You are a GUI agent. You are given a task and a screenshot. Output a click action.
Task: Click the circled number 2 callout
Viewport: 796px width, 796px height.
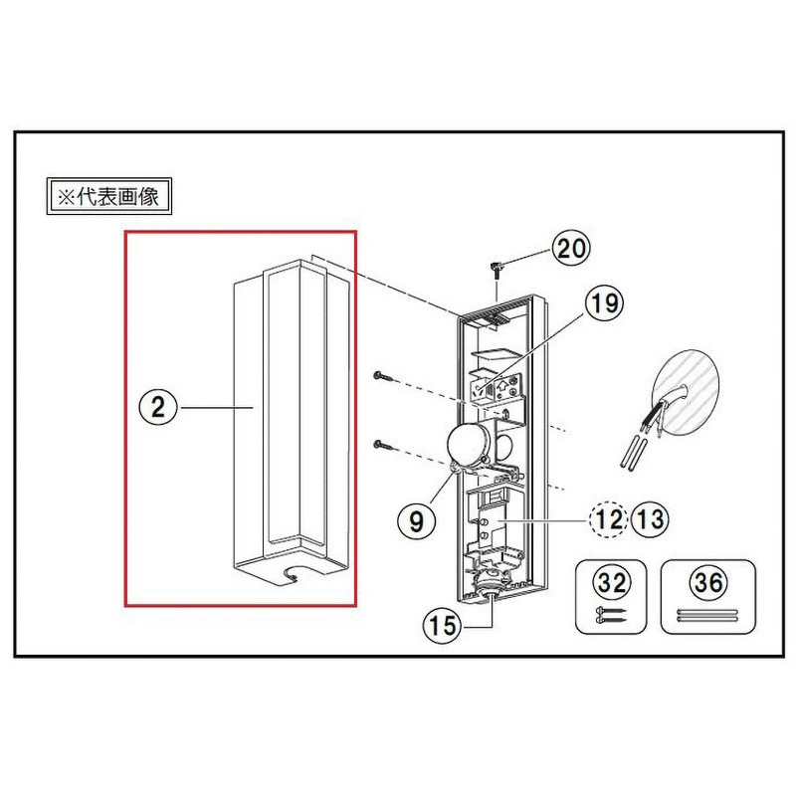156,406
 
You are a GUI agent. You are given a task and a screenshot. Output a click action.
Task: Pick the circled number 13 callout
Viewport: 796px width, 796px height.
651,518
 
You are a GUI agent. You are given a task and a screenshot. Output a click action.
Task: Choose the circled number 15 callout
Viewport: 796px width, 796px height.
439,627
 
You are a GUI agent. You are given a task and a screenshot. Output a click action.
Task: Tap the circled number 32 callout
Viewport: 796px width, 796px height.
605,580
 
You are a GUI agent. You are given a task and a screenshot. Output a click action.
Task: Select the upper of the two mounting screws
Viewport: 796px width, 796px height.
384,377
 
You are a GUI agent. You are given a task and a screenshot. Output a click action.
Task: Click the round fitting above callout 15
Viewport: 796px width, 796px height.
489,588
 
